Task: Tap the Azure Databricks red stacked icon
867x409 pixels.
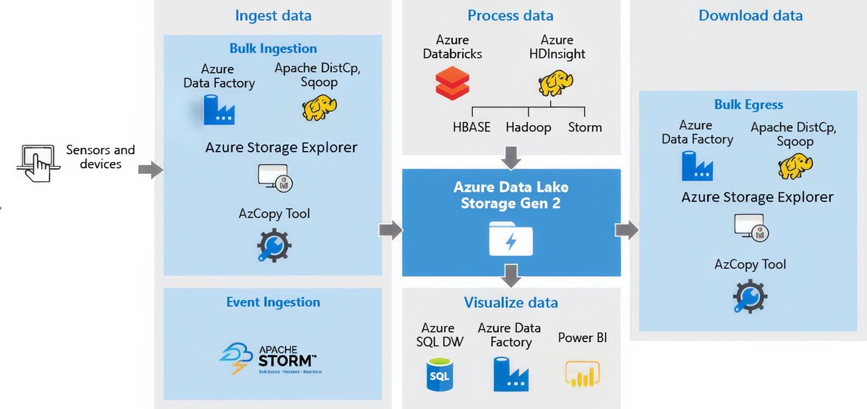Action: [453, 82]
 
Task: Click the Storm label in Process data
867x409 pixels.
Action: [584, 127]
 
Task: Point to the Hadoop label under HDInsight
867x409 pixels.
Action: [528, 127]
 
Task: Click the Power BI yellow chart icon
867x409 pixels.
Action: [583, 374]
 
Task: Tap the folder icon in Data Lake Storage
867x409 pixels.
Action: [511, 239]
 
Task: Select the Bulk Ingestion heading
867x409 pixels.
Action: [273, 48]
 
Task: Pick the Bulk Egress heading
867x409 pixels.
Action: [748, 105]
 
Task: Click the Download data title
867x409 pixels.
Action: [750, 15]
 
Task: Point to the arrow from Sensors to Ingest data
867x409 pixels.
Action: [150, 171]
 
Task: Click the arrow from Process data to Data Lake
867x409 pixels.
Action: [511, 156]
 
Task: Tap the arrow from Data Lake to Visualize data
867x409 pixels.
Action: [511, 275]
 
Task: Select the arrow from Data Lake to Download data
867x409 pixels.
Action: [625, 230]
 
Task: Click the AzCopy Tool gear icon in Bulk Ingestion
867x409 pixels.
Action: [273, 246]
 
